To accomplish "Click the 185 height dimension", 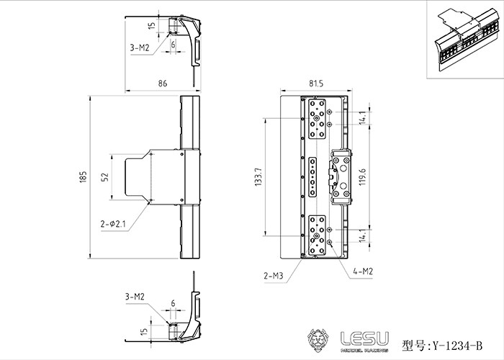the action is [x=84, y=177].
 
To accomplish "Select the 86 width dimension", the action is [x=163, y=84].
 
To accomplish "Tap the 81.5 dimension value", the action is [x=316, y=84].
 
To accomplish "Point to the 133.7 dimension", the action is [x=258, y=177].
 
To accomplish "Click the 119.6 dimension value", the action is [x=363, y=177].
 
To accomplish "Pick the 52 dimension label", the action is [x=105, y=177].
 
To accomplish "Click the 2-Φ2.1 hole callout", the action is [x=113, y=224].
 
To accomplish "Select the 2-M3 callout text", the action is [x=274, y=276].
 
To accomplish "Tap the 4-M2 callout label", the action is [x=363, y=271].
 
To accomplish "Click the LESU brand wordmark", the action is [x=364, y=339].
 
